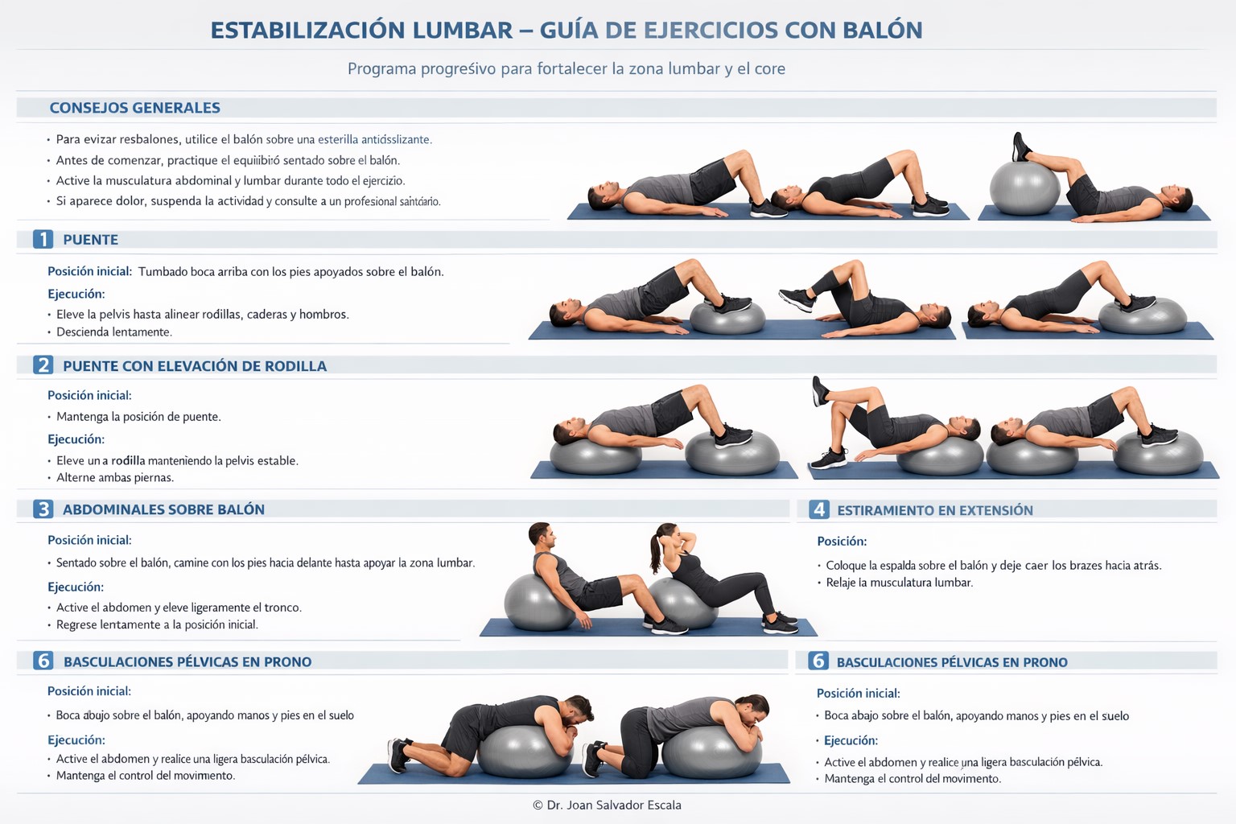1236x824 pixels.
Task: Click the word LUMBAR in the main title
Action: click(463, 31)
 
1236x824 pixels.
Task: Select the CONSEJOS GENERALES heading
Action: click(134, 108)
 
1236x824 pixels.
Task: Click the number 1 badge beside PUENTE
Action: click(43, 240)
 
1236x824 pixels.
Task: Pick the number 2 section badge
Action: click(43, 365)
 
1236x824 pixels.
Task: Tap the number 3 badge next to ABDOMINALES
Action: click(43, 509)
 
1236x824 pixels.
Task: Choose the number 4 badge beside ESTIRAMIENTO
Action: click(819, 509)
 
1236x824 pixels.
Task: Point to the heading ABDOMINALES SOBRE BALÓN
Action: click(163, 509)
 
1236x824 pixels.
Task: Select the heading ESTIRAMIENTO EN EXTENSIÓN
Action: click(935, 510)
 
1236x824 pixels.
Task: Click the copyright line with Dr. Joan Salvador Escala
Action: click(607, 805)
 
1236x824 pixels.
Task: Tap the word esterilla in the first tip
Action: click(338, 140)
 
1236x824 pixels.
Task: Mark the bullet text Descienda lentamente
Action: click(114, 332)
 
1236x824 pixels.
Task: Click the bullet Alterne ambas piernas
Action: click(115, 477)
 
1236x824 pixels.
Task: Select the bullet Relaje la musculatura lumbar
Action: click(900, 583)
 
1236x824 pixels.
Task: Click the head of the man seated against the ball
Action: click(540, 534)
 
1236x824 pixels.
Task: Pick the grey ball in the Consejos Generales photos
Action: click(1024, 187)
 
